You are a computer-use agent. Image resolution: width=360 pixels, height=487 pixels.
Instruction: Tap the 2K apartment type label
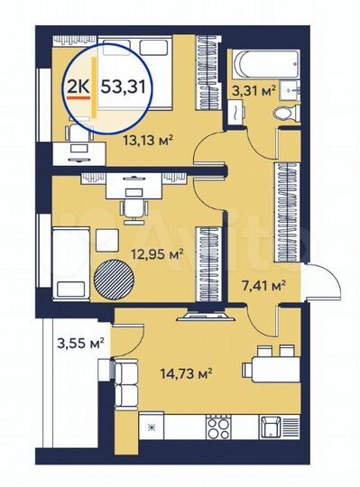click(x=79, y=87)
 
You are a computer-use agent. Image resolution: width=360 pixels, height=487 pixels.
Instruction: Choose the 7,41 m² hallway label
click(x=263, y=286)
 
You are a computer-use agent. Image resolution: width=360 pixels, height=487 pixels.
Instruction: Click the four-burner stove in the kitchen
click(x=218, y=425)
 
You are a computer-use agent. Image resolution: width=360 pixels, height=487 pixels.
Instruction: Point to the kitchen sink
click(x=270, y=425)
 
